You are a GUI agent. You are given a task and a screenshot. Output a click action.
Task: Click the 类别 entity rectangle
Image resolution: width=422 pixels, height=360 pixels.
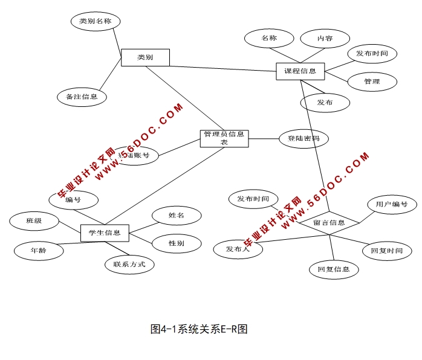click(x=145, y=57)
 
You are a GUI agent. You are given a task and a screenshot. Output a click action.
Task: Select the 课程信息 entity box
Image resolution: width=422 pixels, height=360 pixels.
click(x=300, y=71)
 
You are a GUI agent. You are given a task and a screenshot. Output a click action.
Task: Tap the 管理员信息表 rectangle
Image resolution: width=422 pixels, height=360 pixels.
click(x=224, y=138)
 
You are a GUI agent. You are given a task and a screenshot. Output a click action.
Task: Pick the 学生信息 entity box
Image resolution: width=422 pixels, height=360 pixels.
click(x=105, y=233)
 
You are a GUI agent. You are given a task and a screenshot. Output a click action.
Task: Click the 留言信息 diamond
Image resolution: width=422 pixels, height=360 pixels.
click(x=329, y=222)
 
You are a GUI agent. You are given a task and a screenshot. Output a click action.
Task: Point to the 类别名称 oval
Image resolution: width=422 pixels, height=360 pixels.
click(x=96, y=22)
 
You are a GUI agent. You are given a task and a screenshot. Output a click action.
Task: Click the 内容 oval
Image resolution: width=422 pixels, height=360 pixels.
click(x=325, y=38)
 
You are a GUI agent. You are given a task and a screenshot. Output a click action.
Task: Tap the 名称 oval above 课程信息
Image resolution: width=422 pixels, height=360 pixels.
click(x=269, y=38)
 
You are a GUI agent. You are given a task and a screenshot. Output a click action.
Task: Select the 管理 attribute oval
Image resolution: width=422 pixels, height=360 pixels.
click(x=372, y=82)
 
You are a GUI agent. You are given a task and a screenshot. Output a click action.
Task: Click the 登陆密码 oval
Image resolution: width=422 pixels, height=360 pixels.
click(x=304, y=139)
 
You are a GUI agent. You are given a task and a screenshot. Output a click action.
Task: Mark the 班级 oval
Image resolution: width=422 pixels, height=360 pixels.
click(x=34, y=221)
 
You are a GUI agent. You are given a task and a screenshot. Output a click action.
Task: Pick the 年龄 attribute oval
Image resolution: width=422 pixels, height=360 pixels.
click(x=38, y=249)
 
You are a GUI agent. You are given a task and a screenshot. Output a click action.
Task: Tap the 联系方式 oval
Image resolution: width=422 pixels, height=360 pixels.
click(x=129, y=264)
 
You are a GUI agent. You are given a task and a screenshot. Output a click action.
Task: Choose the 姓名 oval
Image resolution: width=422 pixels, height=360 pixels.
click(x=177, y=215)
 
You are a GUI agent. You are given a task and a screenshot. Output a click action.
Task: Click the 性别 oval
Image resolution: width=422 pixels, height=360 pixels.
click(x=177, y=243)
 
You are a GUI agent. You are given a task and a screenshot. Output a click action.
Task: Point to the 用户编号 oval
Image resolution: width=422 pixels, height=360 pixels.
click(x=392, y=205)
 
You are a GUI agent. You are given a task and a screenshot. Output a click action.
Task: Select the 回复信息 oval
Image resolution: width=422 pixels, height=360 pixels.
click(x=334, y=269)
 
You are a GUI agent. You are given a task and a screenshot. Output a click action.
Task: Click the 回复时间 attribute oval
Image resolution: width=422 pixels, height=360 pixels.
click(x=387, y=250)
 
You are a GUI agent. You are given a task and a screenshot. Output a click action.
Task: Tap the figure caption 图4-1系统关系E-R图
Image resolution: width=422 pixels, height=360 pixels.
click(x=200, y=329)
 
